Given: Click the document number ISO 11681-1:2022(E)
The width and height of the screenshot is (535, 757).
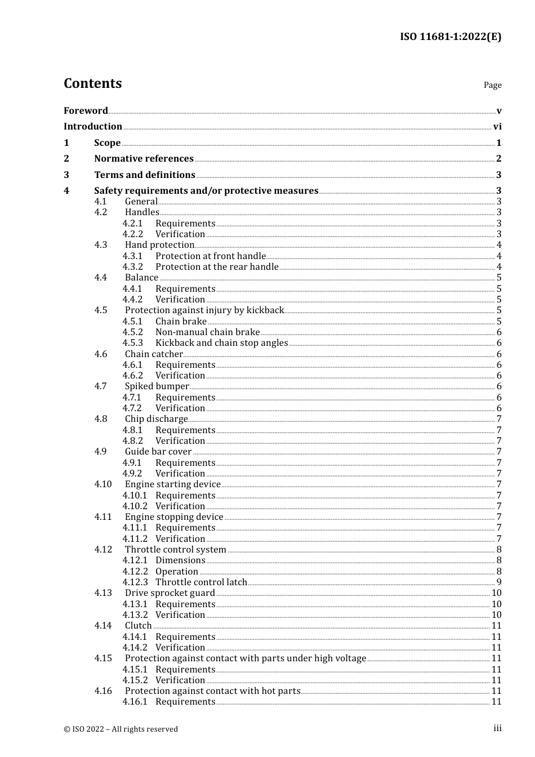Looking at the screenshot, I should pos(450,37).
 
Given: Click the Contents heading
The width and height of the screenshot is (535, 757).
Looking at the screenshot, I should pos(92,83).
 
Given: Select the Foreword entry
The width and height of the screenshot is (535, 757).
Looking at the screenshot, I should pos(86,110).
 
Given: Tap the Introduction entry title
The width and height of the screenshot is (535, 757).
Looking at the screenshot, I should pos(92,126).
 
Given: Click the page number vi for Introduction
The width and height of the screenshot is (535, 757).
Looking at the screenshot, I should pos(497,127).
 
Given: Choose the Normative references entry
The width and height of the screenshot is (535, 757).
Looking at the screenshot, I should pos(144,158).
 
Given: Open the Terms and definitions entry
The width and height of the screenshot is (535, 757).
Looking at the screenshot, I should pos(144,175).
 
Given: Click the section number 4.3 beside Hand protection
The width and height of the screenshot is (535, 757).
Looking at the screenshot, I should pos(101,244).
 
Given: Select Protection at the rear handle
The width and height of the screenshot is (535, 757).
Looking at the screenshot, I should pos(217,266).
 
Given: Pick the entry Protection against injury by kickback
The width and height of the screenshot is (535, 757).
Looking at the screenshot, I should pos(204,310).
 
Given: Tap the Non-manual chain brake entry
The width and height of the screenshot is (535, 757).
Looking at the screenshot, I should pos(207,332).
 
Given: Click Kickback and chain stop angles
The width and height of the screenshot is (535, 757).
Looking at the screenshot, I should pos(221,342).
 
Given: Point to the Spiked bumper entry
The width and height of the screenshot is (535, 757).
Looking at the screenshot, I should pos(157,386).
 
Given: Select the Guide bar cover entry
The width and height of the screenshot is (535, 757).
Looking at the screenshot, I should pos(158,451).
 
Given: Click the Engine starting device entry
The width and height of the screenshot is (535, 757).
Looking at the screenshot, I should pos(172,484).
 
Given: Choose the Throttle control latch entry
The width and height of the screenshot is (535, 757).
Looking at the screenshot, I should pos(201,582).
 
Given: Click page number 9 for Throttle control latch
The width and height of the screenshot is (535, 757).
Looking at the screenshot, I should pos(499,582).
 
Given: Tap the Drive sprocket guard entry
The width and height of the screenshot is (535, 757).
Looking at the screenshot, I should pos(170,593).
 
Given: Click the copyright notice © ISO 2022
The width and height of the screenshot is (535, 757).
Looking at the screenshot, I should pos(121,729).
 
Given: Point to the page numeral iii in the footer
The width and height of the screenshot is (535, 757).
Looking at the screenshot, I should pos(497,728).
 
